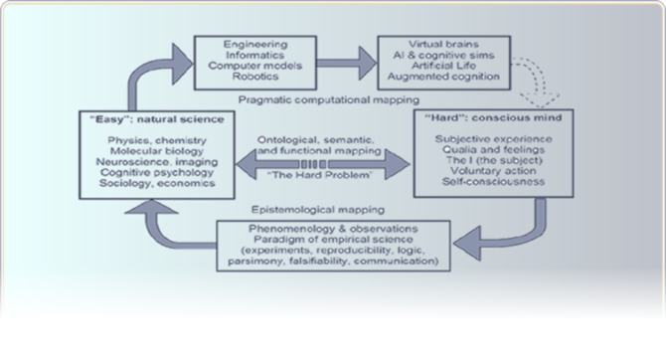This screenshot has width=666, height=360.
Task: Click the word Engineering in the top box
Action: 254,44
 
